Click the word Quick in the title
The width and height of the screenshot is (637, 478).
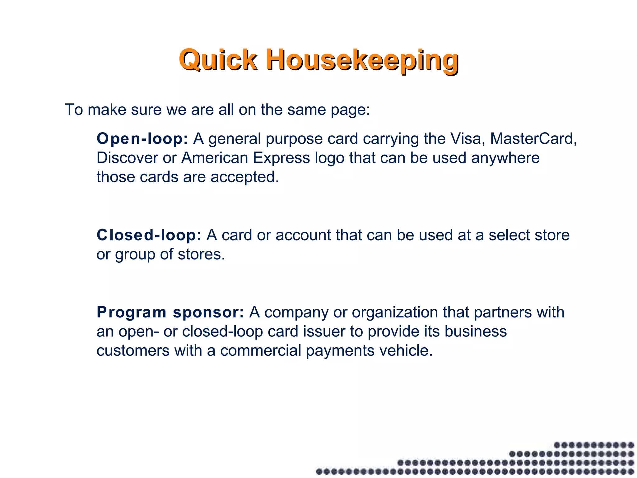click(x=218, y=59)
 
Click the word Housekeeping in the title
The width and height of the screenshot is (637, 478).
click(x=362, y=59)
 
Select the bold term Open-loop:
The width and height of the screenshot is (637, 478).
click(x=142, y=139)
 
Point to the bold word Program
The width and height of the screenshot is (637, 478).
click(x=132, y=312)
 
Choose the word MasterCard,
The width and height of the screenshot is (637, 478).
click(x=533, y=139)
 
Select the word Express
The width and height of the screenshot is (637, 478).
click(x=281, y=158)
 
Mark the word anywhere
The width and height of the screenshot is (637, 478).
click(x=505, y=158)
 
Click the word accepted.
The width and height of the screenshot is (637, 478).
click(x=244, y=177)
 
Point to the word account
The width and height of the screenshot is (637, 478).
click(x=303, y=235)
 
